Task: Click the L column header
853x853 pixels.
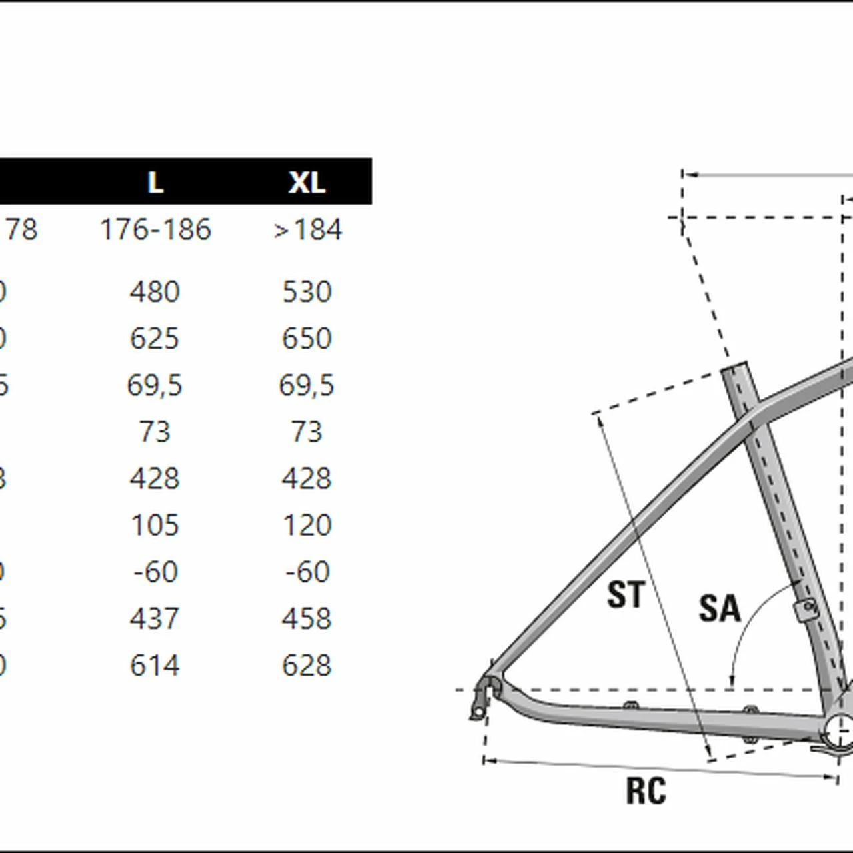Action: [155, 182]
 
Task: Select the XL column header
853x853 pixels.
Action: [307, 182]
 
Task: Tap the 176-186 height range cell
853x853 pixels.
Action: [155, 230]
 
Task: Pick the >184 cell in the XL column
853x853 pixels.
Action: [307, 230]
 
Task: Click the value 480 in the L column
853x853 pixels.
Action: [155, 292]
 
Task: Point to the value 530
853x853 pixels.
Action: [307, 292]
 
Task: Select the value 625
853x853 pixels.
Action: [155, 339]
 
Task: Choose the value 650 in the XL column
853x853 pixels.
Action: [307, 339]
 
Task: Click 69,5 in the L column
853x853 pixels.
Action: [155, 385]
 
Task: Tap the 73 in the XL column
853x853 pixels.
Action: [307, 432]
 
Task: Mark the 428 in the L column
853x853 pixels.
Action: [155, 478]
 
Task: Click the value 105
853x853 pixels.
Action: [155, 526]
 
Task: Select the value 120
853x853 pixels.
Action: [307, 526]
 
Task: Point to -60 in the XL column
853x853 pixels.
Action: [307, 572]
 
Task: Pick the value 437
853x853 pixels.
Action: [155, 619]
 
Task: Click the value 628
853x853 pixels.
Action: [307, 666]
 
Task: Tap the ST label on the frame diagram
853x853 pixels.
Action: [626, 594]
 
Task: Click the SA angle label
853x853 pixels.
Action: [719, 608]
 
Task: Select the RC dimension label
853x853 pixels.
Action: [646, 791]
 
